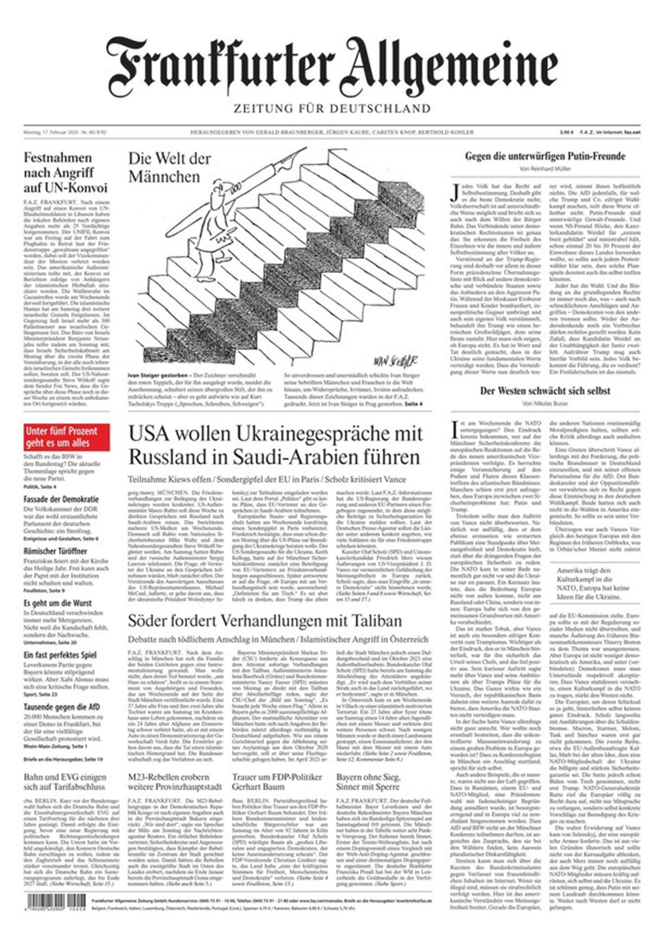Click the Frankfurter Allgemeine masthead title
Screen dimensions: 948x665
(332, 67)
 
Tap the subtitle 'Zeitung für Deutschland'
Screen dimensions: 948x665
(332, 109)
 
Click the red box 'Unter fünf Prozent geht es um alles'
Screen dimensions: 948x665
(66, 437)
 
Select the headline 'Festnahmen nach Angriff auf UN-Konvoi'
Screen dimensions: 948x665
(66, 173)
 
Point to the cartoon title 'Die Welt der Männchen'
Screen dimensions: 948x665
(169, 168)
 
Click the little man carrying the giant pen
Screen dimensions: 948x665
(212, 233)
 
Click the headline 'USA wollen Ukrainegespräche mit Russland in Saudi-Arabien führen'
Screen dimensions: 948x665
(275, 445)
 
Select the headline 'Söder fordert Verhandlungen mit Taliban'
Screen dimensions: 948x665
(265, 620)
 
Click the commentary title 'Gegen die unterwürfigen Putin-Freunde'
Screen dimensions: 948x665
(545, 156)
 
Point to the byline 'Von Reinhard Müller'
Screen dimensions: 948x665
(545, 169)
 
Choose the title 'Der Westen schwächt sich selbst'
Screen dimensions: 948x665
(545, 391)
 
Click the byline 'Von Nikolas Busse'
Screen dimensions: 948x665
(545, 403)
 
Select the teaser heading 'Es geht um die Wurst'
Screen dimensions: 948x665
(57, 603)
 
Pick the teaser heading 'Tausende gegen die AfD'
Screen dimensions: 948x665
(62, 707)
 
